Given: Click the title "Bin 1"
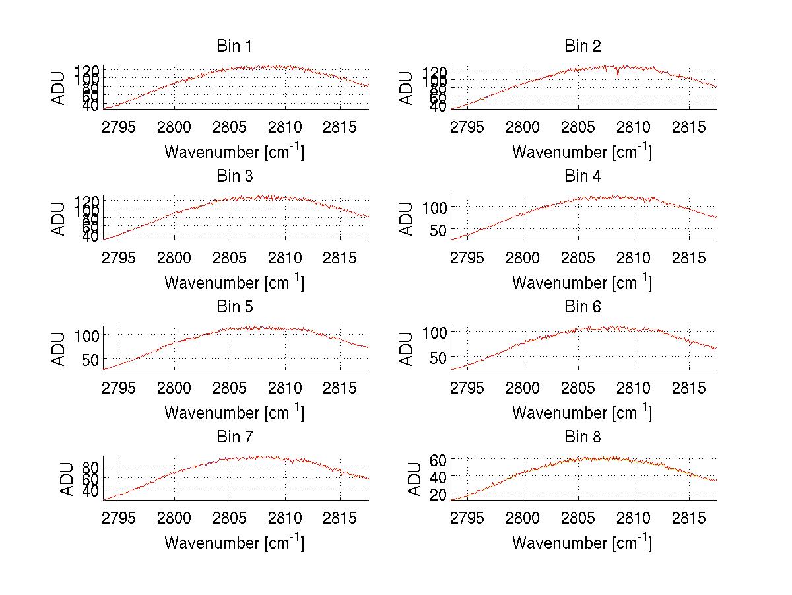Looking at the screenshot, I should tap(234, 46).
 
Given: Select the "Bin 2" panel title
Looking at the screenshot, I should tap(582, 46).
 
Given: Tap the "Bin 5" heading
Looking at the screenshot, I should tap(234, 307).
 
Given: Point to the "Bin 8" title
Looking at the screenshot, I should tap(582, 437).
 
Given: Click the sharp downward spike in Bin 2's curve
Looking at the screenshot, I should tap(618, 75).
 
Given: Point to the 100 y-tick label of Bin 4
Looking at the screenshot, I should tap(436, 207).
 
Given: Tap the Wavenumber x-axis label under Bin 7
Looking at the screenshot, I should tap(234, 543).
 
